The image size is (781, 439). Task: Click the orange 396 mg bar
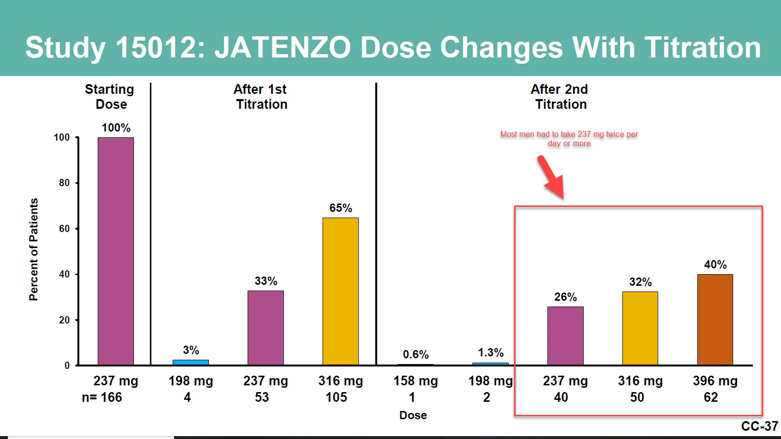[x=715, y=320]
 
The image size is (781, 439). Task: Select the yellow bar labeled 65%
[x=340, y=291]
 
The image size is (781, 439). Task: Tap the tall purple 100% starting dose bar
[x=116, y=251]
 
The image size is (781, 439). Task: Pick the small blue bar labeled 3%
[x=191, y=362]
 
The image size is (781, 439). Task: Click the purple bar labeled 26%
[x=565, y=336]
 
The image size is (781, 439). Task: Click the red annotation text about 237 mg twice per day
[x=569, y=139]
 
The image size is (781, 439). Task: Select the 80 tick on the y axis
[x=64, y=183]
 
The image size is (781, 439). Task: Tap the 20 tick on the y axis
[x=64, y=320]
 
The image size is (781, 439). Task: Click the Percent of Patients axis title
[x=33, y=249]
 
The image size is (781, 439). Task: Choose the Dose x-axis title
[x=413, y=415]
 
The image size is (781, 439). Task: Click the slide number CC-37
[x=759, y=426]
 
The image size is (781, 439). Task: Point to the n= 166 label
[x=102, y=397]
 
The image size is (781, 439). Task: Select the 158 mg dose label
[x=415, y=381]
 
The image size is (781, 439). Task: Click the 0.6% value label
[x=415, y=354]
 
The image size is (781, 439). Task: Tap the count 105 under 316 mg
[x=336, y=397]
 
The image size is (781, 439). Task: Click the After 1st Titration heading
[x=261, y=97]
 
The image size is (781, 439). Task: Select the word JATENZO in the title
[x=282, y=48]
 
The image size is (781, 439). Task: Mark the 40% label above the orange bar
[x=715, y=264]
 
